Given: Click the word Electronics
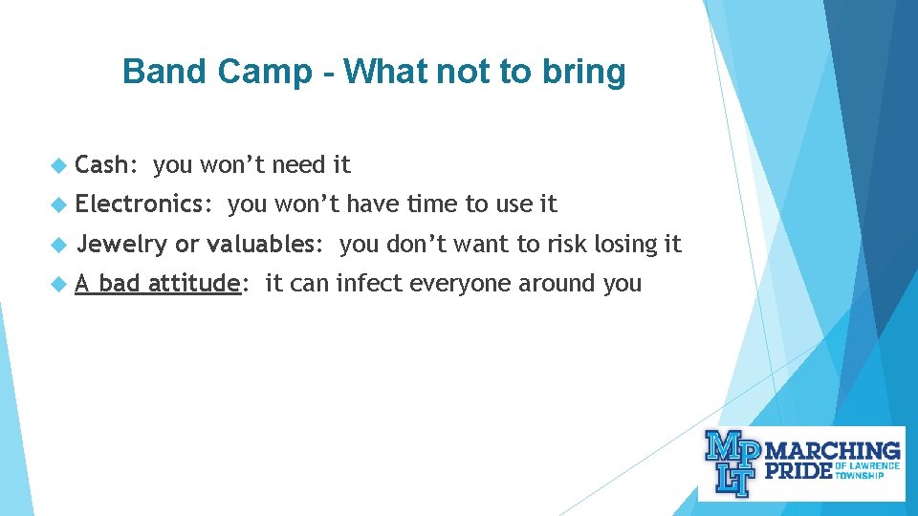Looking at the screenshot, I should click(142, 204).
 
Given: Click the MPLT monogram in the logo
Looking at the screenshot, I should click(732, 462).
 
